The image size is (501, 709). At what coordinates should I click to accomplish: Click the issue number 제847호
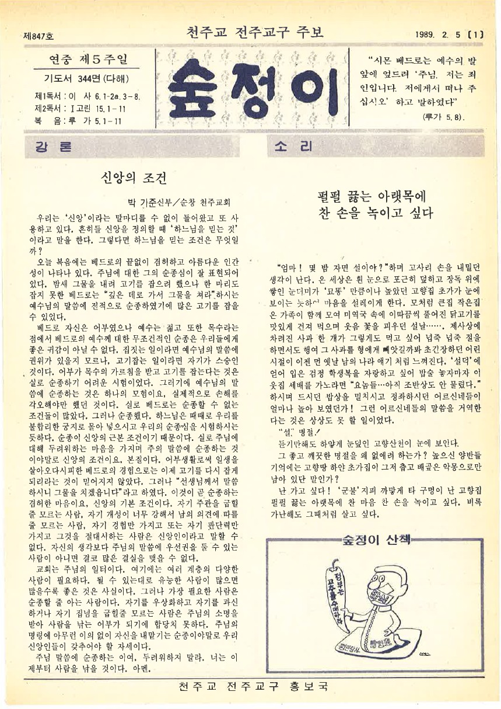pyautogui.click(x=38, y=36)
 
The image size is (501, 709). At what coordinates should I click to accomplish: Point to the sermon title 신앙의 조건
pyautogui.click(x=134, y=177)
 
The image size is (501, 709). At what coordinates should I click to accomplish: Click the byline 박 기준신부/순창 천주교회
pyautogui.click(x=176, y=202)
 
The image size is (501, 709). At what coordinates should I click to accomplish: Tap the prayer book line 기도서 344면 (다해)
pyautogui.click(x=86, y=79)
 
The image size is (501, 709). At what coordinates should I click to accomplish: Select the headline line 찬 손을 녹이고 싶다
pyautogui.click(x=376, y=213)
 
